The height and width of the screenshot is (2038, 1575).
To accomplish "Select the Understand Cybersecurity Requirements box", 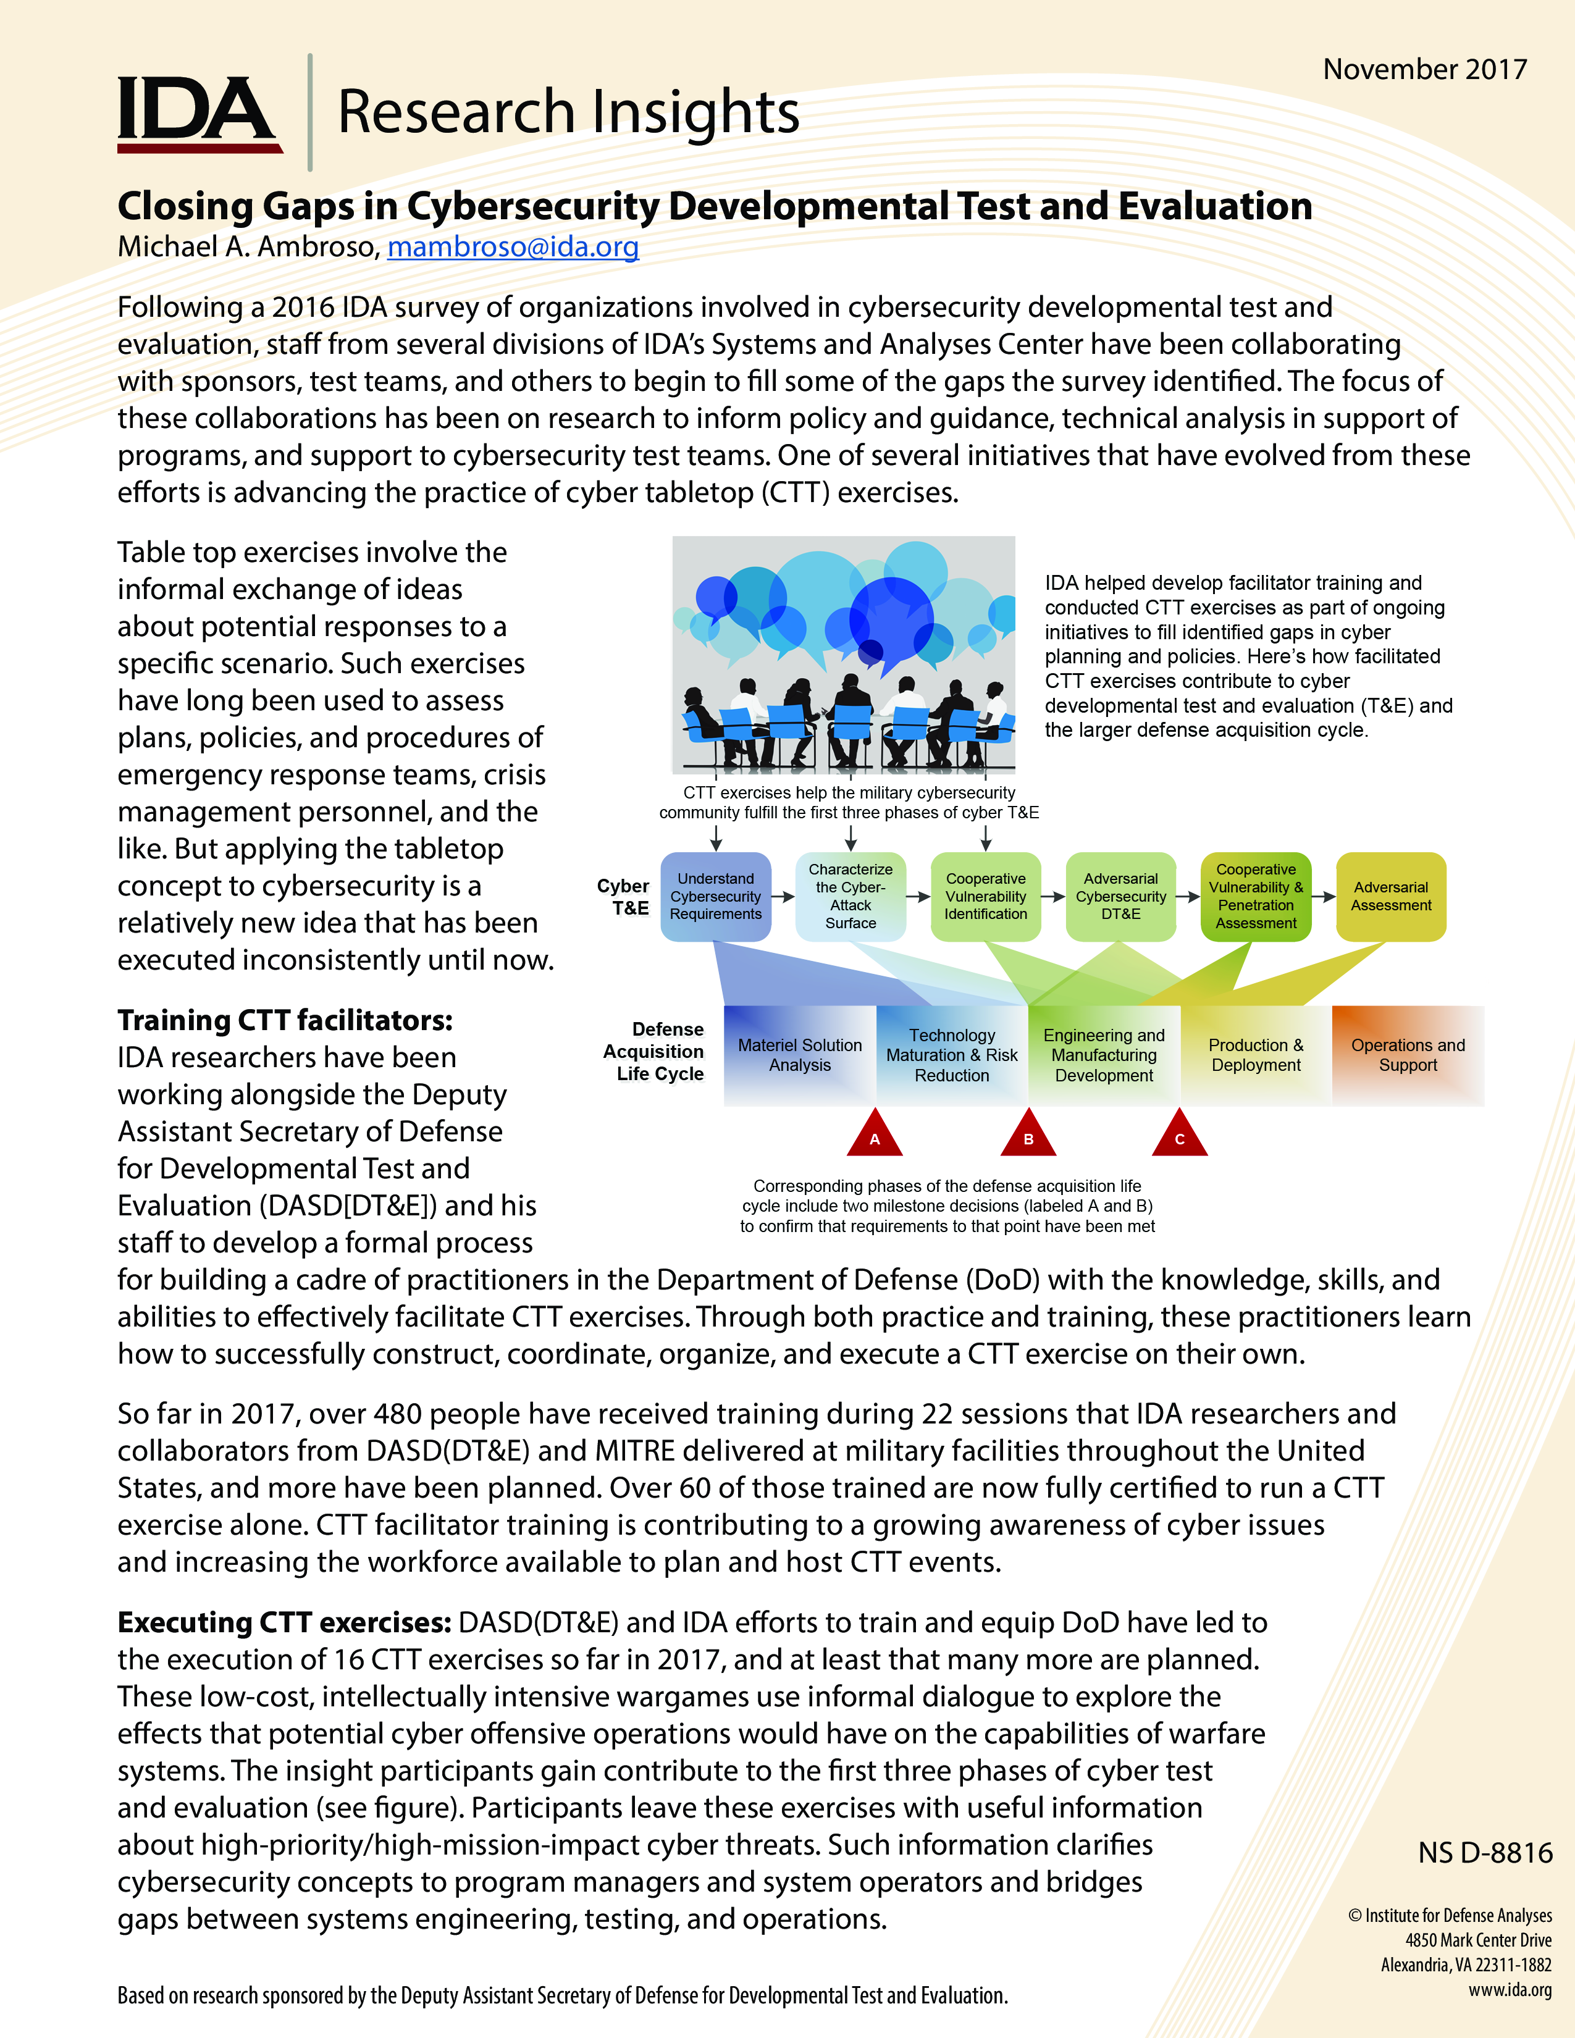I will click(716, 897).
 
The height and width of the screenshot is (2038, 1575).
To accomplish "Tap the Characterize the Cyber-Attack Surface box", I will click(850, 897).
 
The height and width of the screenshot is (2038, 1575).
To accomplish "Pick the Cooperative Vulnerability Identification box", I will click(985, 897).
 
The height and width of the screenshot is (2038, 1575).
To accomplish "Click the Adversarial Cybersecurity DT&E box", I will click(1120, 897).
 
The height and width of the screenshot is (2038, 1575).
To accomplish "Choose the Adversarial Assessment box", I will click(1390, 897).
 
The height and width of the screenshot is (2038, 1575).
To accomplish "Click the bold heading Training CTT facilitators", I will click(285, 1021).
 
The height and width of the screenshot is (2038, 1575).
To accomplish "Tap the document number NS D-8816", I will click(1484, 1852).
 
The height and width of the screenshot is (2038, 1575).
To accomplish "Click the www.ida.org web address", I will click(1510, 1989).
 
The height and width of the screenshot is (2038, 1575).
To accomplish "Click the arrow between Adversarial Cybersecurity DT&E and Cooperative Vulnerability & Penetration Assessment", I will click(1188, 897).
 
